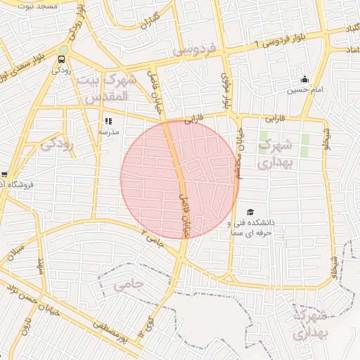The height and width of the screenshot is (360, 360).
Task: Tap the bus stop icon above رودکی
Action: point(63,59)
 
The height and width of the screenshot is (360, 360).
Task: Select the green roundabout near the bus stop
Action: point(63,49)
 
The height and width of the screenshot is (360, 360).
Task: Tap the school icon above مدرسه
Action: point(108,122)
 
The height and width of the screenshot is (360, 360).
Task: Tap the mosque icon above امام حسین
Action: point(304,79)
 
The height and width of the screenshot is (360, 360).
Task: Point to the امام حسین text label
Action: point(304,90)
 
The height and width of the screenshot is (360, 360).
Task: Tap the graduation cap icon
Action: point(250,212)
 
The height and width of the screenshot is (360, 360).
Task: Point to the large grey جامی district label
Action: point(127,284)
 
